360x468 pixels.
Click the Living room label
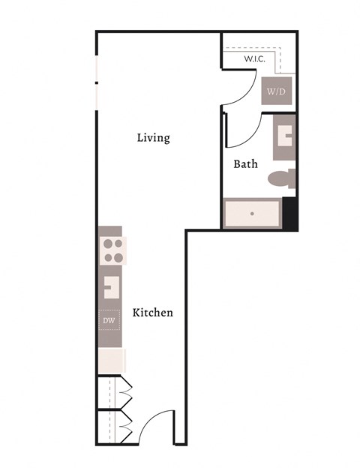[x=153, y=138]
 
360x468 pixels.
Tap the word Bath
[x=245, y=163]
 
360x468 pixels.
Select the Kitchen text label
[x=153, y=312]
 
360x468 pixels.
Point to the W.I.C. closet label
[x=256, y=58]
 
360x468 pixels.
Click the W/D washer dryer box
[x=277, y=91]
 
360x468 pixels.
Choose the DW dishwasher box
[x=109, y=321]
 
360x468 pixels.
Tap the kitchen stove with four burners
[x=112, y=250]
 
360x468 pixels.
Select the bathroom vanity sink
[x=285, y=137]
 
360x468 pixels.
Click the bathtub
[x=252, y=214]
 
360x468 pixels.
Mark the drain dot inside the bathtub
[x=252, y=214]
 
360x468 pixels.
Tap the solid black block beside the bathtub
[x=289, y=214]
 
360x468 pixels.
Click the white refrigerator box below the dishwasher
[x=111, y=359]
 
